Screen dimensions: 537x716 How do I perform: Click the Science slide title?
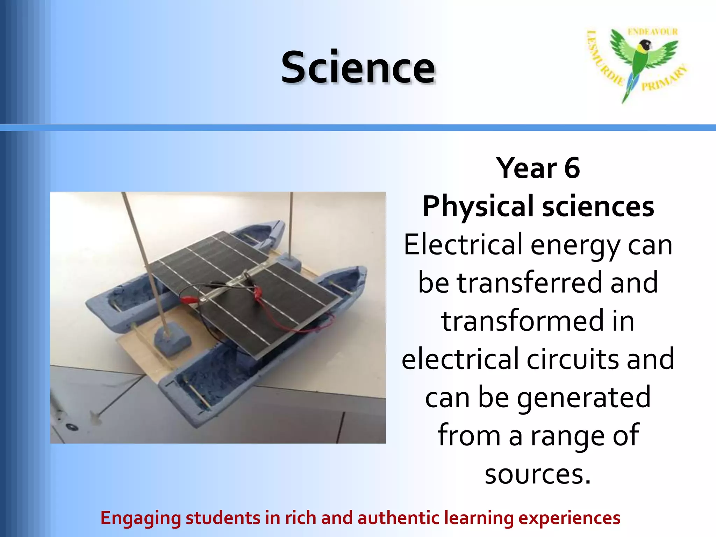[x=358, y=67]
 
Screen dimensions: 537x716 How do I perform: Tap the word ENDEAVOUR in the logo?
[x=653, y=32]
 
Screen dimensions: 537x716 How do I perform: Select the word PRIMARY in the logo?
[x=664, y=79]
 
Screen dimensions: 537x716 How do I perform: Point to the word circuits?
[x=573, y=359]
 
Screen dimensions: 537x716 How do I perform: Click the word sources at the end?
[x=538, y=474]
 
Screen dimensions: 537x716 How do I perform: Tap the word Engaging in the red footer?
[x=141, y=518]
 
